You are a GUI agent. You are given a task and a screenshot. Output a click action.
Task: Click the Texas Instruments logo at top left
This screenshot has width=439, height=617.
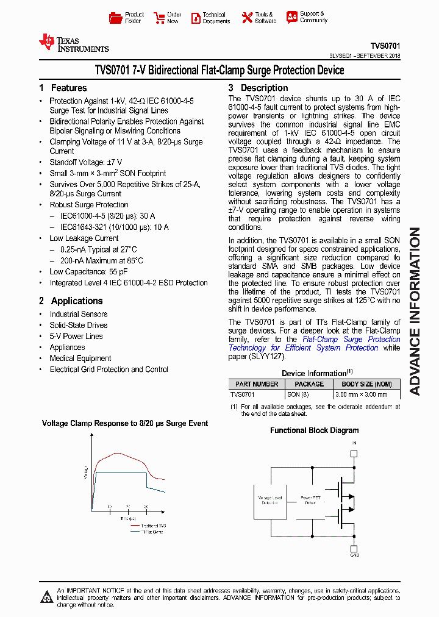[73, 43]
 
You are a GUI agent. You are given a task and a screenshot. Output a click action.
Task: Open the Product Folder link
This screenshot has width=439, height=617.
[127, 18]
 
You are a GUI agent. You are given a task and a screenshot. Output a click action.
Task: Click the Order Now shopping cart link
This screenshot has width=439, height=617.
[168, 18]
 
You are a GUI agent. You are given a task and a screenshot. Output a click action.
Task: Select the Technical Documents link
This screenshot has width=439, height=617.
[210, 18]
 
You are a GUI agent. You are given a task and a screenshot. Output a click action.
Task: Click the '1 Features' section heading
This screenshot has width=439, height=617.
[63, 88]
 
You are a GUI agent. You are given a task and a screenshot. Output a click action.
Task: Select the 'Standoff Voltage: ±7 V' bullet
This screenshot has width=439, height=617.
[85, 162]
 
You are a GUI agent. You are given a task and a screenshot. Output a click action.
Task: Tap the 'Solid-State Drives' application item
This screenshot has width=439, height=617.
[78, 325]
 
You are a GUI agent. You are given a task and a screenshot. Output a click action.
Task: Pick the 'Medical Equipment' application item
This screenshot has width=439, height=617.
[80, 358]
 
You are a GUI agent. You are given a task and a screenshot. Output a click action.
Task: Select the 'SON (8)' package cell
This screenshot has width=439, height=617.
[298, 394]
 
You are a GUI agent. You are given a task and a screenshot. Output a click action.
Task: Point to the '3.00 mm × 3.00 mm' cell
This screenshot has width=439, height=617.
[361, 394]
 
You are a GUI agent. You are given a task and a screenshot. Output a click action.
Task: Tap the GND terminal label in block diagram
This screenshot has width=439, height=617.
[354, 555]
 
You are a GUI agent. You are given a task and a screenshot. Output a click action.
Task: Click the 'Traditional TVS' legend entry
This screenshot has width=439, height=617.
[153, 526]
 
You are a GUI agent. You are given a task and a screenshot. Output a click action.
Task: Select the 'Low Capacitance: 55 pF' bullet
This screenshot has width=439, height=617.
[88, 271]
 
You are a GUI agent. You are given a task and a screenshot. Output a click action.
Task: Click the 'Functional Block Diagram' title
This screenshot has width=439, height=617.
[314, 430]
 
